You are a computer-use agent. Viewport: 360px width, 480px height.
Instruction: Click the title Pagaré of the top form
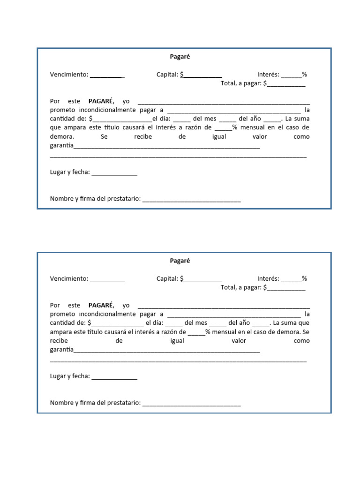[180, 57]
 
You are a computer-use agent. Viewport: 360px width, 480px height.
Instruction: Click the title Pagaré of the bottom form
[180, 261]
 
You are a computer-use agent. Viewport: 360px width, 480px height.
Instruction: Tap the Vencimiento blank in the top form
[107, 75]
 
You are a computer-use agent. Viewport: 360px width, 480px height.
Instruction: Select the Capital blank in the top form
[202, 75]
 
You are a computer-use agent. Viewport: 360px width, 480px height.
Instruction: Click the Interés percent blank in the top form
[291, 75]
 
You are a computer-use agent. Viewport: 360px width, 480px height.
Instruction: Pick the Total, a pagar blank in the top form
[286, 84]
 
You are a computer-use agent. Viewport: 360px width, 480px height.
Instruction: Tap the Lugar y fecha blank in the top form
[114, 173]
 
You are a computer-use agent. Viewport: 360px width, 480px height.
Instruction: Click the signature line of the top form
[191, 200]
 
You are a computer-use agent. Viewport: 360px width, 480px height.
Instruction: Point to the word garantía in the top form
[62, 146]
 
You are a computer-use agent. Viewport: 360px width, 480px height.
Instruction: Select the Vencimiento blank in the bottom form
[107, 279]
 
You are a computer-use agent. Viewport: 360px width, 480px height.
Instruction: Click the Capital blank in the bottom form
[202, 279]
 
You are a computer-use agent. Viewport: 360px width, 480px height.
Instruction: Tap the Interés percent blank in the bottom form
[291, 279]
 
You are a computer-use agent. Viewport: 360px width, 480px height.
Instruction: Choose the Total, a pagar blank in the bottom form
[286, 288]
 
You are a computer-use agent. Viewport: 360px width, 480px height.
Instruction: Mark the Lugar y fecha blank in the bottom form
[114, 377]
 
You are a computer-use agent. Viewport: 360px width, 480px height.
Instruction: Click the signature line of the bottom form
[191, 404]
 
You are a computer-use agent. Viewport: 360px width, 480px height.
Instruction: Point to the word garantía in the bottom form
[62, 350]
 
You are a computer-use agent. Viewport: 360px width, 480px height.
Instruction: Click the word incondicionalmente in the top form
[104, 110]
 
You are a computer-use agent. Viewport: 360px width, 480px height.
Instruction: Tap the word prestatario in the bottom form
[124, 403]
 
